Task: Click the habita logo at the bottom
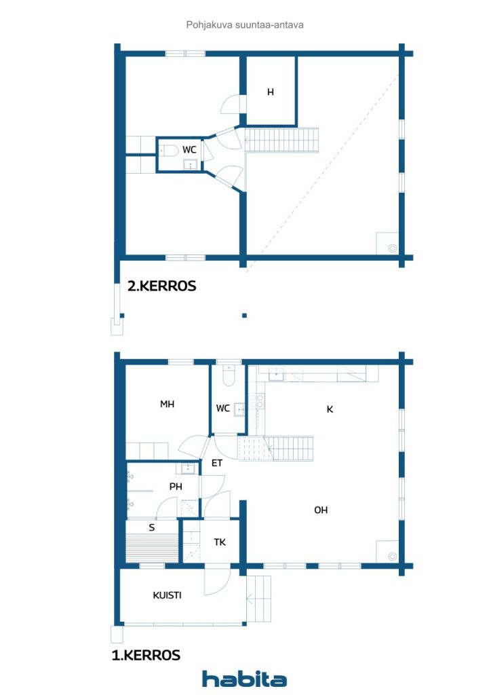244,679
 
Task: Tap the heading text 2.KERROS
162,286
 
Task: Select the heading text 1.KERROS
146,655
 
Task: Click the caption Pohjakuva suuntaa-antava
245,24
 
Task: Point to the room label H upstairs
270,92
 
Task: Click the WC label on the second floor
190,149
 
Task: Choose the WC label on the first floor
222,409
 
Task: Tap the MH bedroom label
167,404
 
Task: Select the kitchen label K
330,409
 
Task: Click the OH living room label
321,510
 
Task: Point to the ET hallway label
217,464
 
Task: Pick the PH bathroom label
176,486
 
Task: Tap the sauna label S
151,527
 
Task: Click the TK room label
219,543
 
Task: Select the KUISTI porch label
166,595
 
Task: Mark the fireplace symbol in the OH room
392,555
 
